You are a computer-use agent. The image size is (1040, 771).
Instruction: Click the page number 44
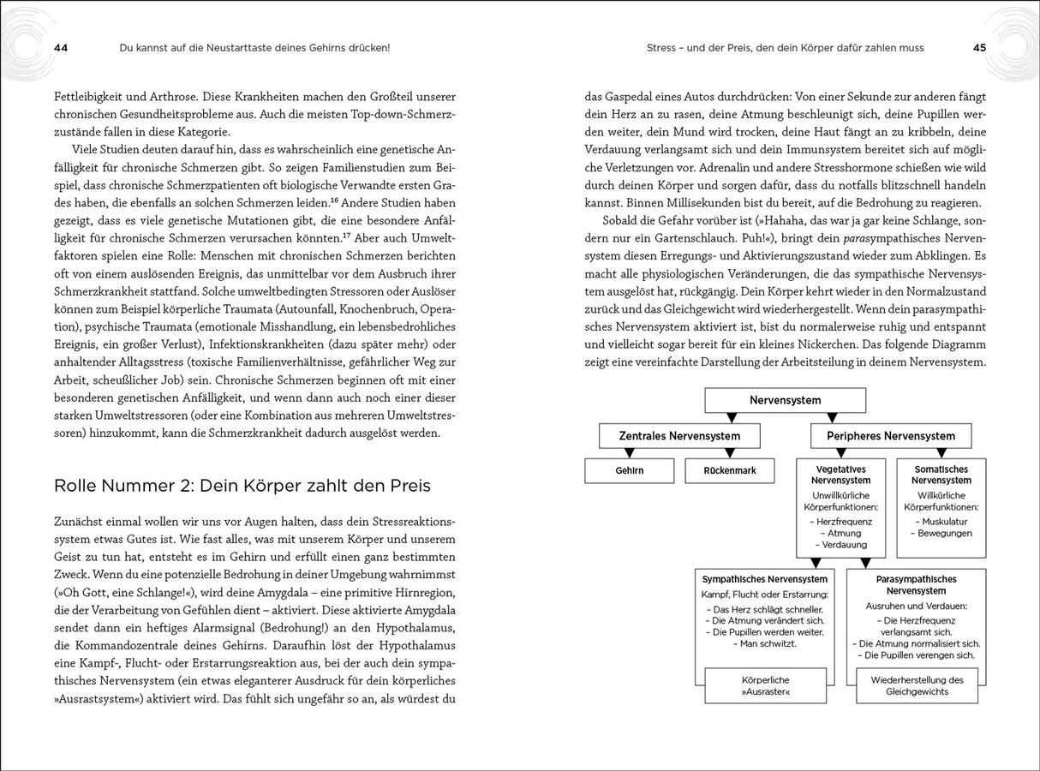point(61,48)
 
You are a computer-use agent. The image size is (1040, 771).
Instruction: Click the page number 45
point(979,48)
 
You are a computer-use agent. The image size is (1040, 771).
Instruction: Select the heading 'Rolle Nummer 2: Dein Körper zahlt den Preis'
point(242,486)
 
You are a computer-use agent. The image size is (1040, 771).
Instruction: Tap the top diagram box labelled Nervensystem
point(785,400)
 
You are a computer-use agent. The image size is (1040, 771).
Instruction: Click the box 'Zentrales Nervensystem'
point(679,436)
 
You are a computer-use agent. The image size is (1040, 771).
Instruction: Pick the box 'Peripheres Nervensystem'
point(891,436)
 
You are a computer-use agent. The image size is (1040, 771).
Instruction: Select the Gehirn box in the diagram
point(629,470)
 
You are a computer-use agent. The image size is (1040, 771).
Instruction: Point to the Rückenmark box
point(729,470)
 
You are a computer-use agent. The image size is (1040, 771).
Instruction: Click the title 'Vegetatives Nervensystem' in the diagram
point(840,475)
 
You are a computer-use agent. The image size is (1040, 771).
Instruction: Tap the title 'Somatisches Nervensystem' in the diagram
point(941,475)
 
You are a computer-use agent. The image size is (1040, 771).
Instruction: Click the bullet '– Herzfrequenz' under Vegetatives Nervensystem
point(840,521)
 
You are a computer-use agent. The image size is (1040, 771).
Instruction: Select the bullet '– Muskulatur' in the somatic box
point(941,521)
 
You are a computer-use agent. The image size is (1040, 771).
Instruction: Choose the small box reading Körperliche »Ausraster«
point(765,685)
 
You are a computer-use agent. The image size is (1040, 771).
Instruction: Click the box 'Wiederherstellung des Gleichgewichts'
point(916,685)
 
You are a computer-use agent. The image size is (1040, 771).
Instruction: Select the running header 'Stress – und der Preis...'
point(785,48)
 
